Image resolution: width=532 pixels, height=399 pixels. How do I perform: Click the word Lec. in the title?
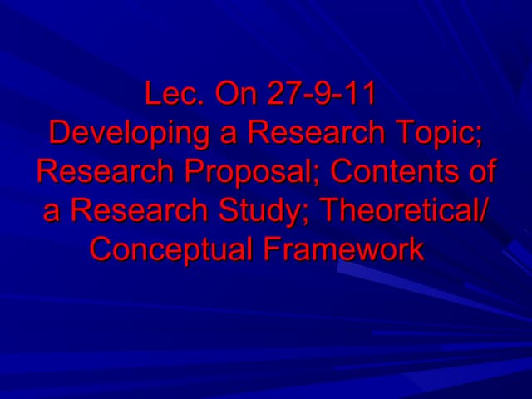coord(172,94)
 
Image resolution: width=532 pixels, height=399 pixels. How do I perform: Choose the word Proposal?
coord(254,172)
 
